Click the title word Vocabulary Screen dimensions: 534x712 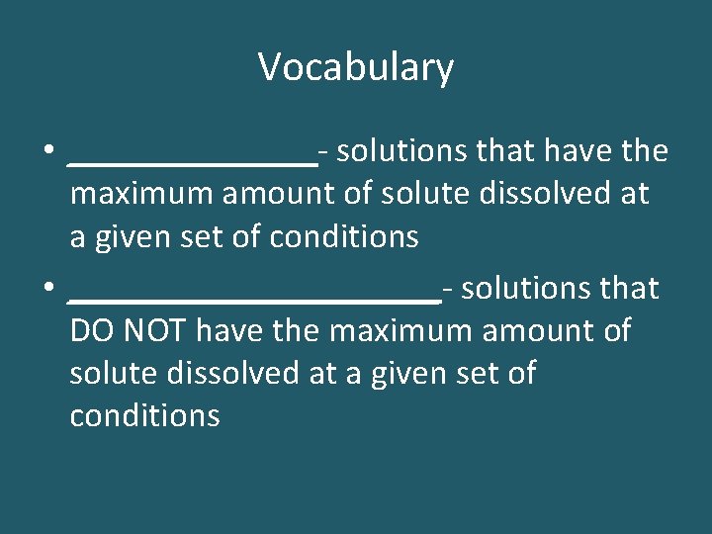pyautogui.click(x=356, y=68)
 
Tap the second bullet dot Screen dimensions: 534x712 pyautogui.click(x=47, y=290)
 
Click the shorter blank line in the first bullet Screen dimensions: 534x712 pyautogui.click(x=193, y=161)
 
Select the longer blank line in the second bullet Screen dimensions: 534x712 pyautogui.click(x=255, y=298)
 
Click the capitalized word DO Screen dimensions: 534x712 pyautogui.click(x=90, y=331)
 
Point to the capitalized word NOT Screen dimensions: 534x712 pyautogui.click(x=153, y=331)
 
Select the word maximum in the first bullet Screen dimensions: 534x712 pyautogui.click(x=141, y=195)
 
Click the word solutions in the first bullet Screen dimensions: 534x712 pyautogui.click(x=402, y=152)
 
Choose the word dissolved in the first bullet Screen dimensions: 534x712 pyautogui.click(x=531, y=195)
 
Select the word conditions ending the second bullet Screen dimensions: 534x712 pyautogui.click(x=145, y=416)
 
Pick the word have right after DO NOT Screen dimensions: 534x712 pyautogui.click(x=229, y=331)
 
